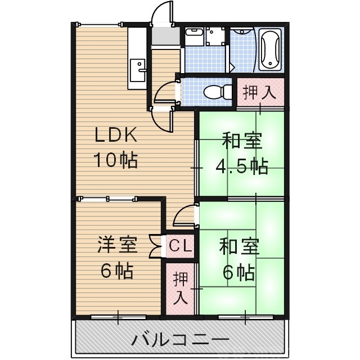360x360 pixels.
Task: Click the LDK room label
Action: pos(115,135)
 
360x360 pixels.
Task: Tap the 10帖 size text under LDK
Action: pos(115,161)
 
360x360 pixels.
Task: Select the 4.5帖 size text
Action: pos(242,166)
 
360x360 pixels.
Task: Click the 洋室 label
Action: pos(117,245)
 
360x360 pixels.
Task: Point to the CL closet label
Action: pos(181,246)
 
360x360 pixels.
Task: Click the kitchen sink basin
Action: pos(137,70)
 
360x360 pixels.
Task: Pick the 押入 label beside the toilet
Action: pos(259,92)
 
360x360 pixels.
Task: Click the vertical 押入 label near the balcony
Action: pos(180,287)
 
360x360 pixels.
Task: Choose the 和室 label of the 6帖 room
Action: pos(238,246)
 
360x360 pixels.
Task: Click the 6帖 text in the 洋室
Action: pos(117,271)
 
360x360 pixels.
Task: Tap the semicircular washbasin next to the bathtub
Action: pos(242,31)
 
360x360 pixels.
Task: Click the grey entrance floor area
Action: pos(164,37)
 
